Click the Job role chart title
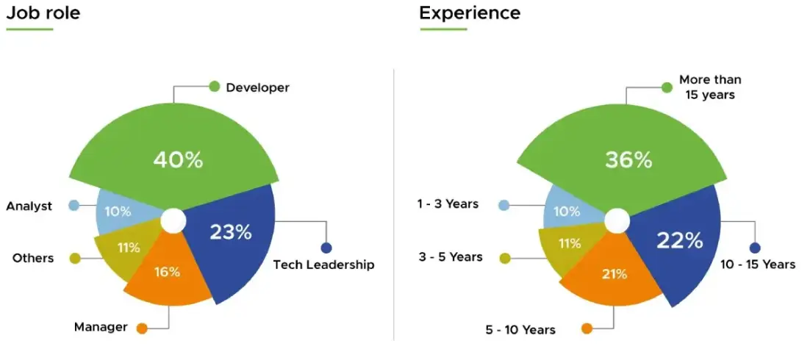43,13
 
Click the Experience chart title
470,13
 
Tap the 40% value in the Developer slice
178,160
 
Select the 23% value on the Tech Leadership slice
231,232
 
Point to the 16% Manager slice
167,272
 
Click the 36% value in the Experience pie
628,160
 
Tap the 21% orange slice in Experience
614,274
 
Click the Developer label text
257,87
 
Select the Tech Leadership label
323,264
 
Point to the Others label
33,258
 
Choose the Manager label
101,327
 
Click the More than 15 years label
710,87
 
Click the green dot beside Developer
215,87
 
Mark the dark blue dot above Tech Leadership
326,248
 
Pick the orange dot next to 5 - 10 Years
587,328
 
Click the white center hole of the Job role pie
173,220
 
